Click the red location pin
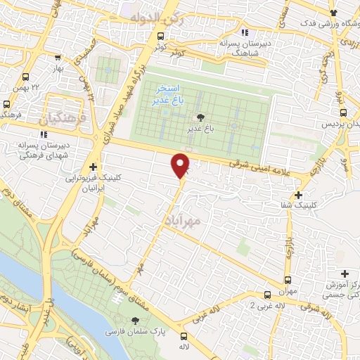(181, 164)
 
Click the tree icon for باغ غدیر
(201, 117)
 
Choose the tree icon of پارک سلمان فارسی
(136, 321)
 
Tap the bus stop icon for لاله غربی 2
(267, 295)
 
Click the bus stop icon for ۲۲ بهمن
(26, 77)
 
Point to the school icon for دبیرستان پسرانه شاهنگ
(244, 32)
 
